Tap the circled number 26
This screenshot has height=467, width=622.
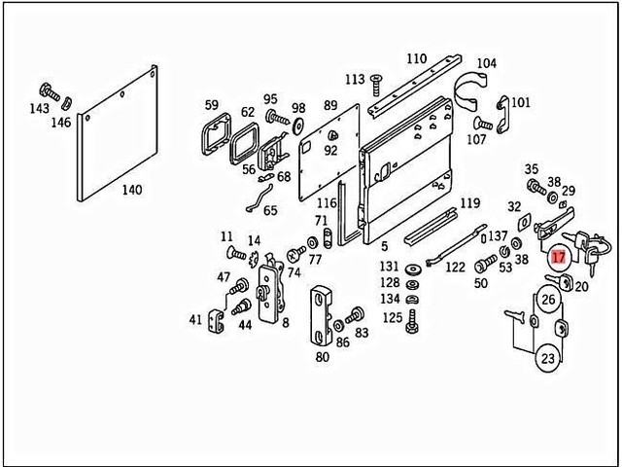[x=548, y=299]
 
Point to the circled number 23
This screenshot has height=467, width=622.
[x=548, y=359]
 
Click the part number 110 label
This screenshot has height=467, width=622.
[x=417, y=57]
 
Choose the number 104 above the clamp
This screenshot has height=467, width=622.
[x=486, y=64]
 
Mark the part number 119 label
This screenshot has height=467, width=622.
[x=470, y=203]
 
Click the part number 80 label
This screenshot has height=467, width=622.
[x=323, y=356]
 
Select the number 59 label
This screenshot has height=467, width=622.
[x=212, y=105]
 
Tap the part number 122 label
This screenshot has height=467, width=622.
[x=455, y=267]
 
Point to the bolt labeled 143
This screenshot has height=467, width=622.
[x=48, y=91]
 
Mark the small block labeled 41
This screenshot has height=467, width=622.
[x=217, y=320]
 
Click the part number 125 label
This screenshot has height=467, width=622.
[x=391, y=317]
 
